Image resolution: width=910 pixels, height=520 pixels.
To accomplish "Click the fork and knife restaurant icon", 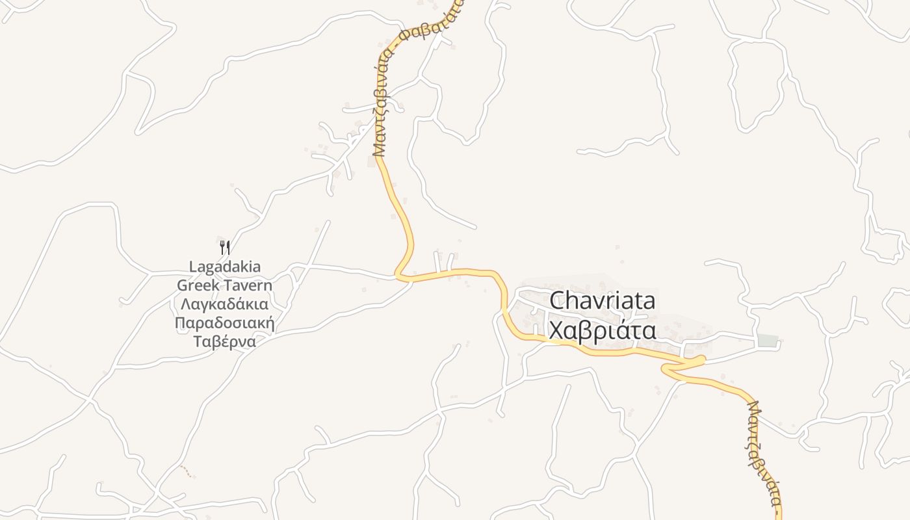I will (225, 247).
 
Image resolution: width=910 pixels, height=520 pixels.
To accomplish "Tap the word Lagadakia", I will (225, 266).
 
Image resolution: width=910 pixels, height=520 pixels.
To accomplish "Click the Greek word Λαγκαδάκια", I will (225, 304).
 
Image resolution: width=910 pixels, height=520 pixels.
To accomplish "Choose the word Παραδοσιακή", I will (225, 323).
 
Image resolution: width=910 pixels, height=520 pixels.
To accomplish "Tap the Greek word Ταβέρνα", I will (225, 342).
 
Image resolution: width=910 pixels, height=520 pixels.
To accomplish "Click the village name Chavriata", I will (603, 302).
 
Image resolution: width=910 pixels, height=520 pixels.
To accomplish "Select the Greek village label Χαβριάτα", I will (603, 331).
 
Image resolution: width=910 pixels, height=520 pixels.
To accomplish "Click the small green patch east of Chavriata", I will (768, 341).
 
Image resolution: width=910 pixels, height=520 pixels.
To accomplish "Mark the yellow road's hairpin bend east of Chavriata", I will (702, 359).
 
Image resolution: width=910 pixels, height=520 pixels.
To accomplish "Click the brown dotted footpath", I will (187, 471).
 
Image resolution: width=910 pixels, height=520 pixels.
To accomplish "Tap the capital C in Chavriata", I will (558, 302).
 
